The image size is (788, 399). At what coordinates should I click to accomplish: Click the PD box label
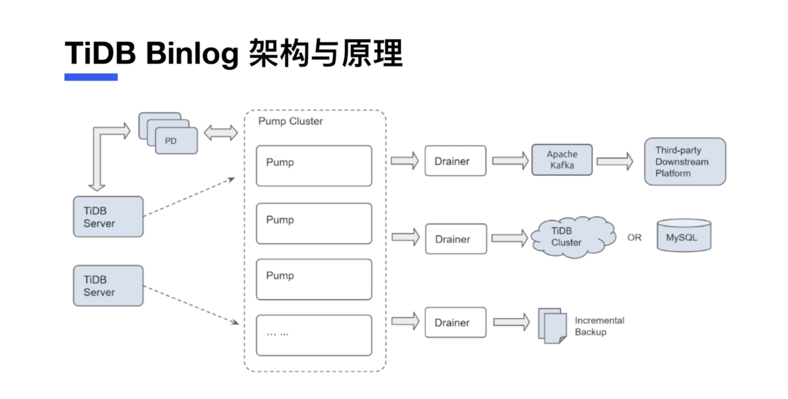[x=171, y=141]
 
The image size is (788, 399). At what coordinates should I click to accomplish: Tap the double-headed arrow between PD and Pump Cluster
[x=221, y=133]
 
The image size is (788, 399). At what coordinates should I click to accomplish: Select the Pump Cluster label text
[x=290, y=121]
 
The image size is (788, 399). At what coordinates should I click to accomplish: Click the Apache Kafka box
[x=562, y=160]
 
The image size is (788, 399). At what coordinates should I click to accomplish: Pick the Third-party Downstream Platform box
[x=685, y=162]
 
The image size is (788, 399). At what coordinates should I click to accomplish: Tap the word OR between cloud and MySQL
[x=634, y=238]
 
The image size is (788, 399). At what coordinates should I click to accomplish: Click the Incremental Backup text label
[x=599, y=326]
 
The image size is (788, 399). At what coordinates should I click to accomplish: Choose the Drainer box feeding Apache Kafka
[x=455, y=161]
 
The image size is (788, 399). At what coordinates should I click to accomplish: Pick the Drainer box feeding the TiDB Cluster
[x=456, y=239]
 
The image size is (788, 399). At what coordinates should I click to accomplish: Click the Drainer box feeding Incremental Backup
[x=455, y=323]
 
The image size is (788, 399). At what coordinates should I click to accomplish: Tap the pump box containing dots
[x=314, y=335]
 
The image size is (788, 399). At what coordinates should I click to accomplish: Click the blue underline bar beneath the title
[x=91, y=77]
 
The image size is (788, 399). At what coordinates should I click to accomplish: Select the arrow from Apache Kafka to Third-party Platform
[x=615, y=162]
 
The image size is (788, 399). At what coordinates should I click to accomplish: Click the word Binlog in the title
[x=192, y=53]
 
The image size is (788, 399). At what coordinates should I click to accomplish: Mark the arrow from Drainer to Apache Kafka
[x=510, y=161]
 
